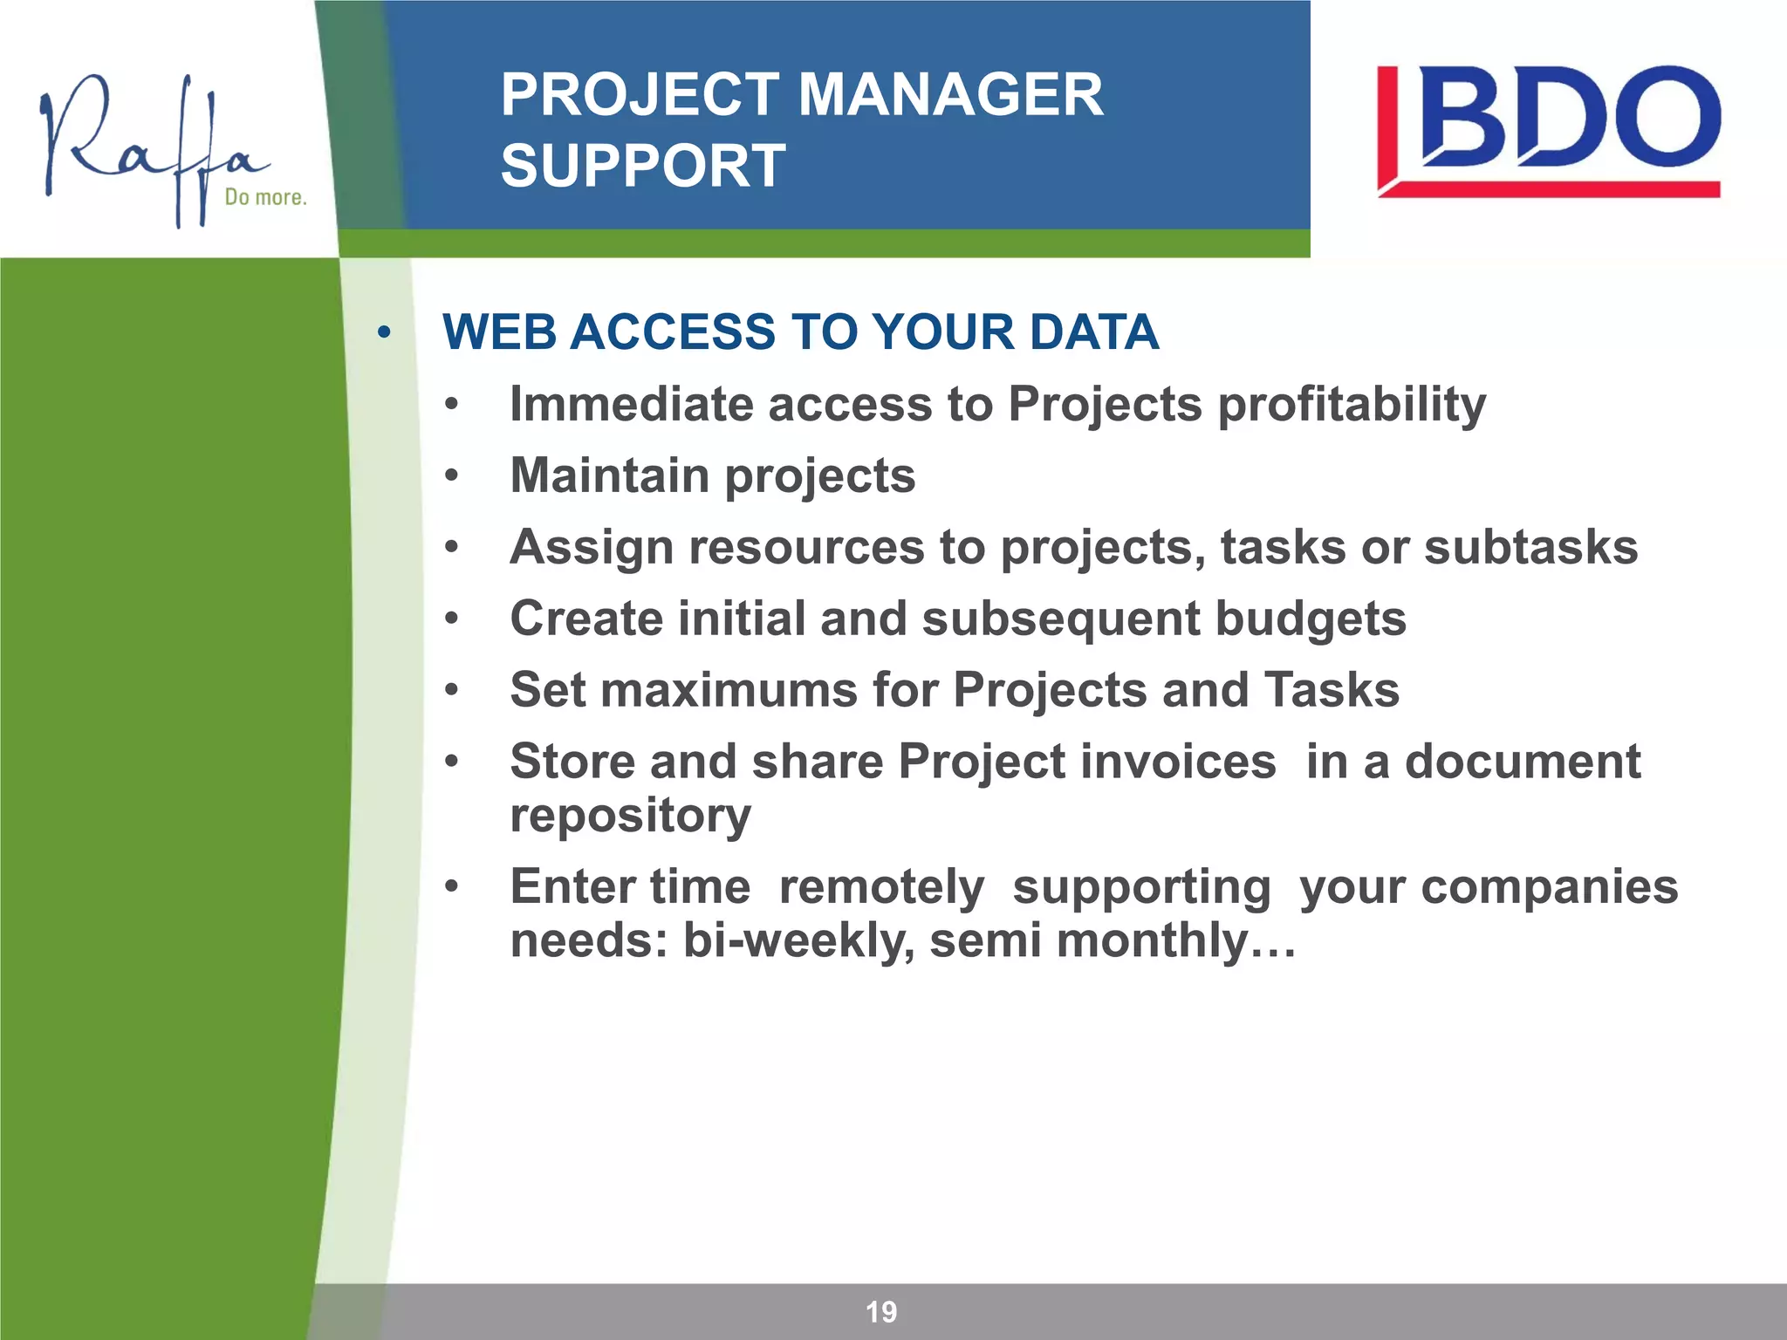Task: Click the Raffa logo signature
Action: pyautogui.click(x=148, y=144)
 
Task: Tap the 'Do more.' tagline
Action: pyautogui.click(x=265, y=197)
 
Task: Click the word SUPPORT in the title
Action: pyautogui.click(x=643, y=166)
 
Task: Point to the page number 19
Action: pyautogui.click(x=880, y=1311)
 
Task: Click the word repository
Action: pyautogui.click(x=630, y=817)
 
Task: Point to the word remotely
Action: pyautogui.click(x=881, y=887)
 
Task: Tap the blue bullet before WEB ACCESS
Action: pyautogui.click(x=384, y=332)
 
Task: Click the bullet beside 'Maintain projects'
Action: pyautogui.click(x=451, y=476)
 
